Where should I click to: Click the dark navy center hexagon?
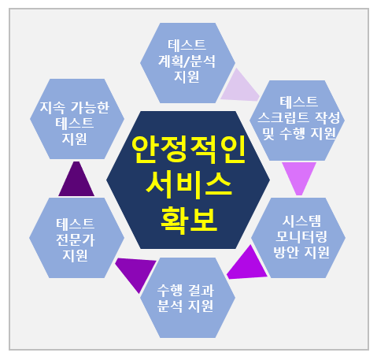pos(188,180)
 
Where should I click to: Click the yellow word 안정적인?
pos(188,150)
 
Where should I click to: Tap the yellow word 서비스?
pos(189,185)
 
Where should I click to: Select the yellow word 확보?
pos(189,220)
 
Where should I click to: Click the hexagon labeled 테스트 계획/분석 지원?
pos(187,63)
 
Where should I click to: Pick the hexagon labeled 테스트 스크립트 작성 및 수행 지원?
pos(298,121)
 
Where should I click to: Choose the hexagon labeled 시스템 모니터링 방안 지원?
pos(298,238)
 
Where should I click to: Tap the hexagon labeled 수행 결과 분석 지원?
pos(187,298)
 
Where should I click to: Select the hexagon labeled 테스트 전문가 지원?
pos(76,238)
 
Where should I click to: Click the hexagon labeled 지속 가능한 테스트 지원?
pos(77,119)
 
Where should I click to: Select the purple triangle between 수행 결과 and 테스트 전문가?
pos(136,272)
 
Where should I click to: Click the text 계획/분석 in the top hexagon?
pos(187,61)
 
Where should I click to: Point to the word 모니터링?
pos(301,236)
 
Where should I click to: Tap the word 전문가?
pos(76,239)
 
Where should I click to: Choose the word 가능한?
pos(90,107)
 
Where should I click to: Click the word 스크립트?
pos(283,117)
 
